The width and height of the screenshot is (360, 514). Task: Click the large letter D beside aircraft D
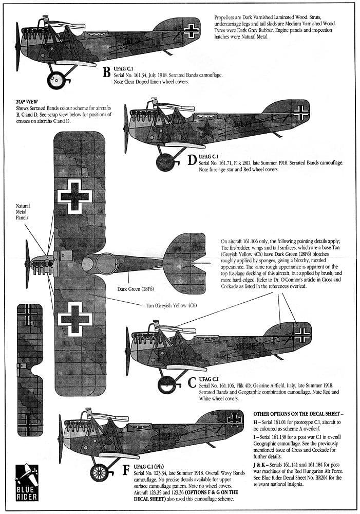click(x=192, y=160)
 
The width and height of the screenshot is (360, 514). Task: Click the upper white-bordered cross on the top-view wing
click(x=75, y=195)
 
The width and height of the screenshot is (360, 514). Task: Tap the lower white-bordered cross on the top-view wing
click(x=75, y=319)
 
